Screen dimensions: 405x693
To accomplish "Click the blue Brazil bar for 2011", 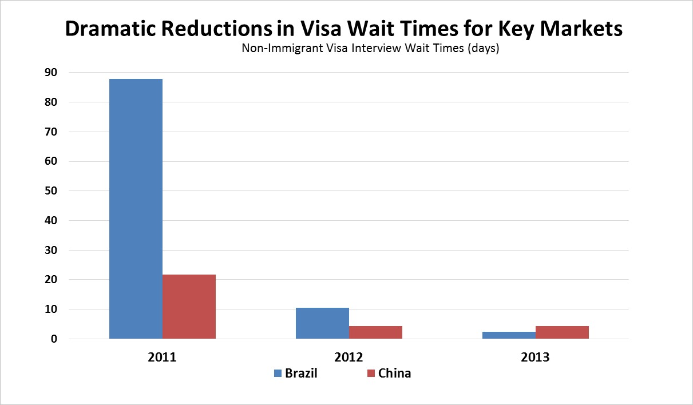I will click(x=136, y=209).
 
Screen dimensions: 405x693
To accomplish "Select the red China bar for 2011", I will click(x=189, y=307).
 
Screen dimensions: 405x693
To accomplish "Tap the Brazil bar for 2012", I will click(x=322, y=323).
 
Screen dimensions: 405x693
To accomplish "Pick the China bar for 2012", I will click(x=375, y=332).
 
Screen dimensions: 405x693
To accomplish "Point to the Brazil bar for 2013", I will click(x=509, y=335).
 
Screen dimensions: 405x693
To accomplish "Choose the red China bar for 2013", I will click(x=562, y=332).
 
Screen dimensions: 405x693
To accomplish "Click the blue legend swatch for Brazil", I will click(x=278, y=374).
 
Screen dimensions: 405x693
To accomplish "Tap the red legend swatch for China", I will click(x=371, y=374).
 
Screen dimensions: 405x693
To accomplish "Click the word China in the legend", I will click(x=394, y=374).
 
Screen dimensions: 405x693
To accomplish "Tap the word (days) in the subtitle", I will click(x=484, y=49).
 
